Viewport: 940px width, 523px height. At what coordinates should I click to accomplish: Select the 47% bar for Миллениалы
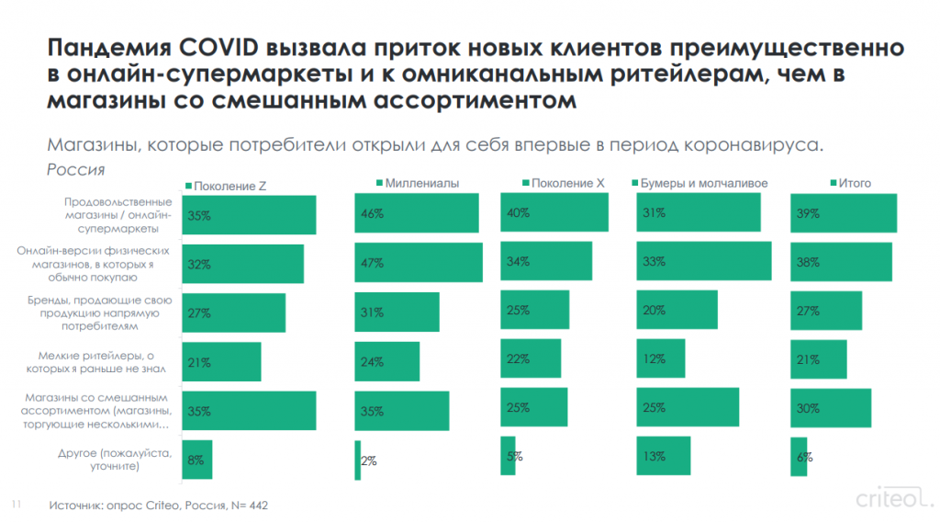[419, 263]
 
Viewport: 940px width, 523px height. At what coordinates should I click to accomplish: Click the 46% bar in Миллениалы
[417, 213]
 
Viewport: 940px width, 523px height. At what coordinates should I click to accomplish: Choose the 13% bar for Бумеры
[663, 456]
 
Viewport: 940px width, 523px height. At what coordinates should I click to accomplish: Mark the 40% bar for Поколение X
[554, 212]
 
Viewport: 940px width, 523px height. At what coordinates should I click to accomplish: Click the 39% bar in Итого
[844, 213]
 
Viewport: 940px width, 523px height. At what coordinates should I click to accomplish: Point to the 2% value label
[369, 461]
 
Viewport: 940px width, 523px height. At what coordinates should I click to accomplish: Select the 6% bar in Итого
[799, 457]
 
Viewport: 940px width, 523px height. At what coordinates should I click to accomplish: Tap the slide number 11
[16, 505]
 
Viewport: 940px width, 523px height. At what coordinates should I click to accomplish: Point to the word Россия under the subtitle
[75, 169]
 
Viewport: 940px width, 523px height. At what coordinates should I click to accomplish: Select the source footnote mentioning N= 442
[159, 506]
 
